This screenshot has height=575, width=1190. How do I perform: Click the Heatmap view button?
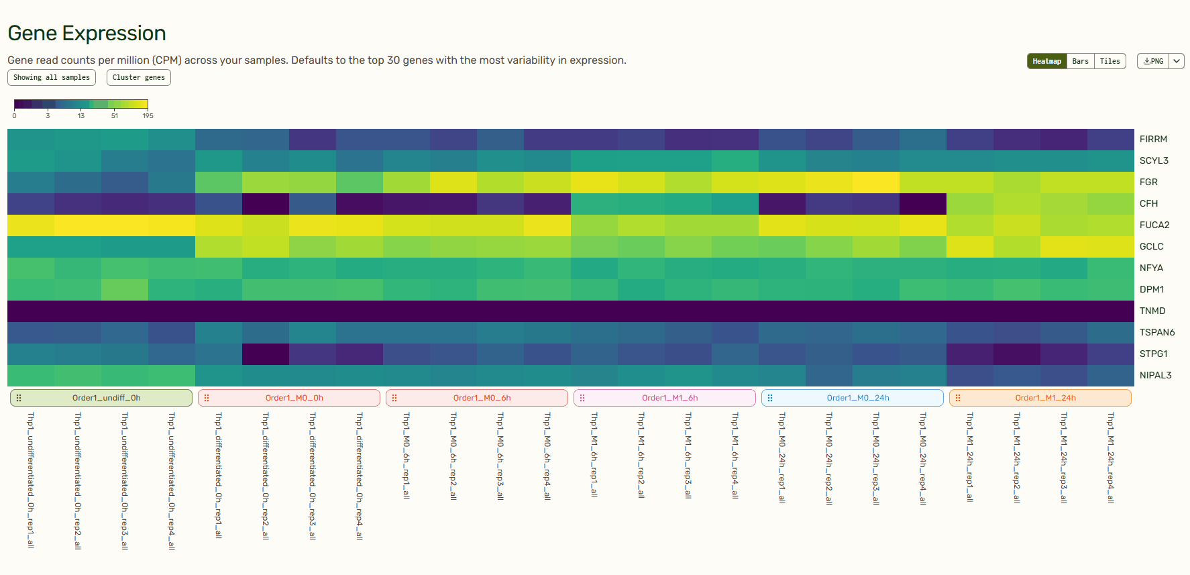[x=1046, y=61]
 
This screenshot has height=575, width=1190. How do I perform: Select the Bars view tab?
[x=1080, y=61]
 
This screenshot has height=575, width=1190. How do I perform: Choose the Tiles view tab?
[x=1110, y=61]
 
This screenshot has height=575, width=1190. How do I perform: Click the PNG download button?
[x=1153, y=61]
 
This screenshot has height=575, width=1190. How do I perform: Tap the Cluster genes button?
[x=138, y=77]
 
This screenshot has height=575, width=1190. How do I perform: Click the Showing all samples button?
[x=52, y=77]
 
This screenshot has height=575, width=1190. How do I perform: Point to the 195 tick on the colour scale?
[x=148, y=116]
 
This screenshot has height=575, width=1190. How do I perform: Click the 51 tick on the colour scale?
[x=115, y=116]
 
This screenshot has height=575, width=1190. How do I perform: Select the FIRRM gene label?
[x=1153, y=139]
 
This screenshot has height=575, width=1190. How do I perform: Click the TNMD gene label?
[x=1152, y=311]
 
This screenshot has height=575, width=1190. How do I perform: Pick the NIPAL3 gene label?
[x=1155, y=375]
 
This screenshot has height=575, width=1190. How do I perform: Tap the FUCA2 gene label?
[x=1154, y=225]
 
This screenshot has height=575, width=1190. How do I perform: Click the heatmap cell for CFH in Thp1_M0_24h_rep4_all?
[x=923, y=203]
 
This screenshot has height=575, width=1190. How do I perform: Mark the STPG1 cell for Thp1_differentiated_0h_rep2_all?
[x=266, y=354]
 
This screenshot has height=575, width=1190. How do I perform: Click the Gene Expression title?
[x=87, y=33]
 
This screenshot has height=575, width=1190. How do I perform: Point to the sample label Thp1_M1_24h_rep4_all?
[x=1111, y=458]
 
